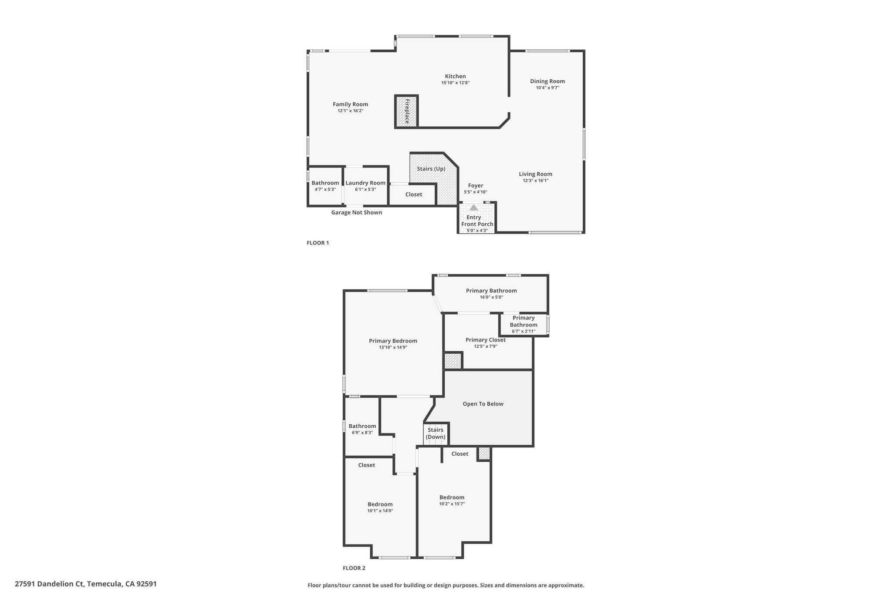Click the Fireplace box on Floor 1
click(x=406, y=111)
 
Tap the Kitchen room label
click(x=455, y=76)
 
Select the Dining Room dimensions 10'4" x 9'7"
click(x=547, y=87)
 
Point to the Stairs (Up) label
click(x=431, y=169)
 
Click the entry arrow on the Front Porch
click(x=473, y=208)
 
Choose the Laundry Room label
click(x=365, y=183)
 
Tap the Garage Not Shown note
click(x=357, y=212)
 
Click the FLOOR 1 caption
click(x=318, y=243)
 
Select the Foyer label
click(x=476, y=185)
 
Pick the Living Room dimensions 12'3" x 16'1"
click(x=536, y=180)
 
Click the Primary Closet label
click(x=486, y=340)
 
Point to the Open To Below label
click(x=483, y=404)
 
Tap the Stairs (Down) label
click(x=436, y=433)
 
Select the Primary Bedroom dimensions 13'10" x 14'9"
click(x=393, y=347)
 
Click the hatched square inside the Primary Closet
click(x=453, y=361)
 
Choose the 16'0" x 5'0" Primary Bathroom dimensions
click(x=491, y=297)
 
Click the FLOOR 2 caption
click(x=354, y=568)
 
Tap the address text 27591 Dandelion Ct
click(x=49, y=584)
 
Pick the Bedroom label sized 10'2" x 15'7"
click(x=452, y=497)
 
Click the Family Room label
click(x=350, y=104)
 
